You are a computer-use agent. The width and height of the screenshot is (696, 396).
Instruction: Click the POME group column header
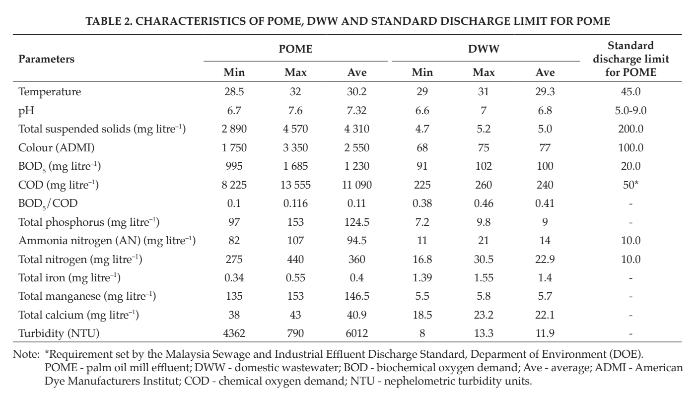pyautogui.click(x=295, y=49)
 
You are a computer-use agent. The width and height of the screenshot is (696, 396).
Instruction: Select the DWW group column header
pyautogui.click(x=484, y=49)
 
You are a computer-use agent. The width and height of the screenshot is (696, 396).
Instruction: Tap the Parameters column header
pyautogui.click(x=46, y=59)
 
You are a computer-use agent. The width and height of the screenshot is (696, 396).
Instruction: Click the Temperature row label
pyautogui.click(x=50, y=92)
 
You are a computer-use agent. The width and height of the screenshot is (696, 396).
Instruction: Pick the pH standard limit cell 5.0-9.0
pyautogui.click(x=630, y=110)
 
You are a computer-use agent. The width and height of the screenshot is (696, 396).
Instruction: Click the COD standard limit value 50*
pyautogui.click(x=630, y=185)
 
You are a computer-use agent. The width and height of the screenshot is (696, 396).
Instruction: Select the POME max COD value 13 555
pyautogui.click(x=295, y=185)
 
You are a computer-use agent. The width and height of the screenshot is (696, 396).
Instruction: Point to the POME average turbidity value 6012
pyautogui.click(x=357, y=333)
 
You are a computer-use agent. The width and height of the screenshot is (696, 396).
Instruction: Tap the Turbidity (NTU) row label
pyautogui.click(x=59, y=333)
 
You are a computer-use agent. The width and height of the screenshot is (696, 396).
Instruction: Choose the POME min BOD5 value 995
pyautogui.click(x=234, y=166)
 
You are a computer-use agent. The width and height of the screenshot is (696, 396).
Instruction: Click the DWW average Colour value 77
pyautogui.click(x=545, y=147)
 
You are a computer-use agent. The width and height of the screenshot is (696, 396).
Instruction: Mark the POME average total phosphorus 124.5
pyautogui.click(x=357, y=222)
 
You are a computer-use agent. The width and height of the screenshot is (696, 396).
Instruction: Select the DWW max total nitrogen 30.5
pyautogui.click(x=484, y=260)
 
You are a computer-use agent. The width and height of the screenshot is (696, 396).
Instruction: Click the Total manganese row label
pyautogui.click(x=87, y=296)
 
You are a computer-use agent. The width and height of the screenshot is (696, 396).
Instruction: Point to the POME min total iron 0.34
pyautogui.click(x=234, y=277)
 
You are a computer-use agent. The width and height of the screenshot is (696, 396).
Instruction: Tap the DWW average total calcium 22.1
pyautogui.click(x=545, y=315)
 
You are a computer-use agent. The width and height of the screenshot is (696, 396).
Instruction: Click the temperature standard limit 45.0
pyautogui.click(x=630, y=92)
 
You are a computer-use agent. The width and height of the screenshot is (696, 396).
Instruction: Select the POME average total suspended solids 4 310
pyautogui.click(x=357, y=129)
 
